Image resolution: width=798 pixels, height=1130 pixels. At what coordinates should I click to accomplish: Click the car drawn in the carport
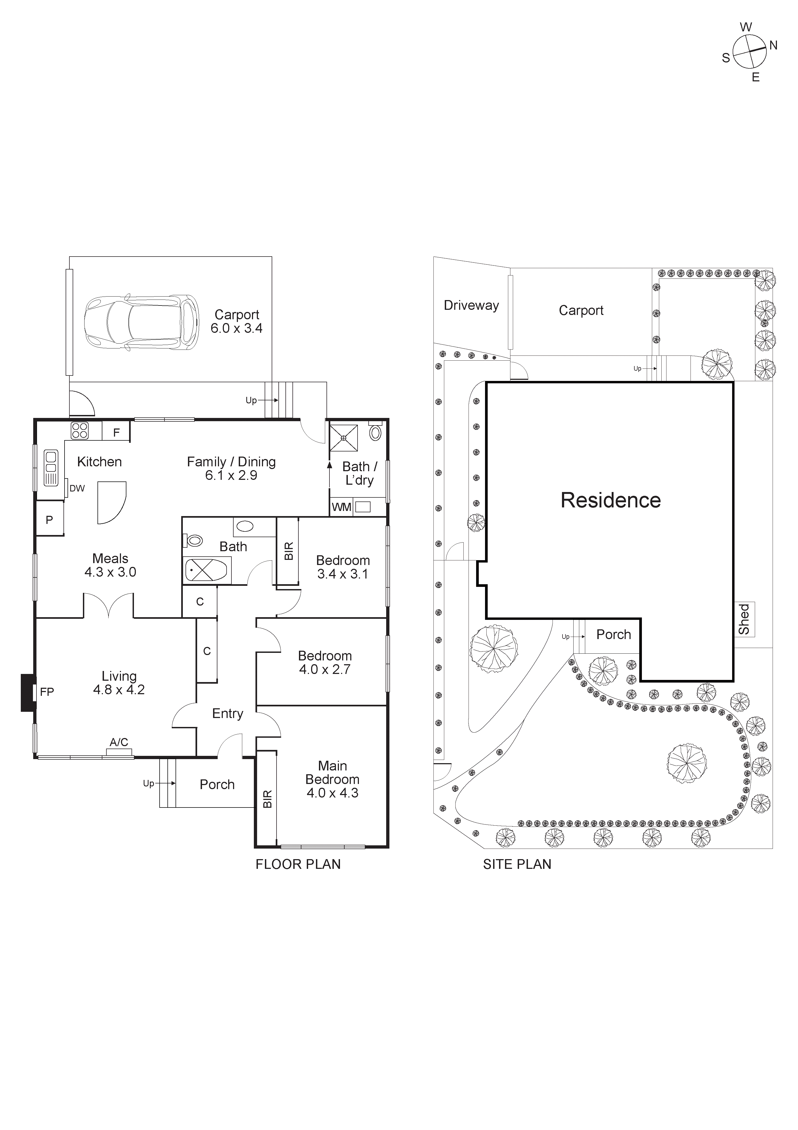click(x=142, y=323)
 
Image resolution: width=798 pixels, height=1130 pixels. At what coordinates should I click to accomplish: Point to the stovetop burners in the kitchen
click(x=80, y=431)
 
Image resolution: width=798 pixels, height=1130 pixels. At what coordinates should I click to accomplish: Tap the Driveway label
click(x=471, y=306)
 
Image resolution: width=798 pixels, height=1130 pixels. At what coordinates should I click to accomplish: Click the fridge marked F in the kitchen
click(x=117, y=433)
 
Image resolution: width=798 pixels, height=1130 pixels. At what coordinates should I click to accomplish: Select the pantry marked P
click(x=50, y=519)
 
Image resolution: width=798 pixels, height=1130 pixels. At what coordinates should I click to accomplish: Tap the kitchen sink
click(x=51, y=468)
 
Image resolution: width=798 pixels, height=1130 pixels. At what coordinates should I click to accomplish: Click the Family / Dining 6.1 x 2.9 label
click(x=231, y=468)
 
